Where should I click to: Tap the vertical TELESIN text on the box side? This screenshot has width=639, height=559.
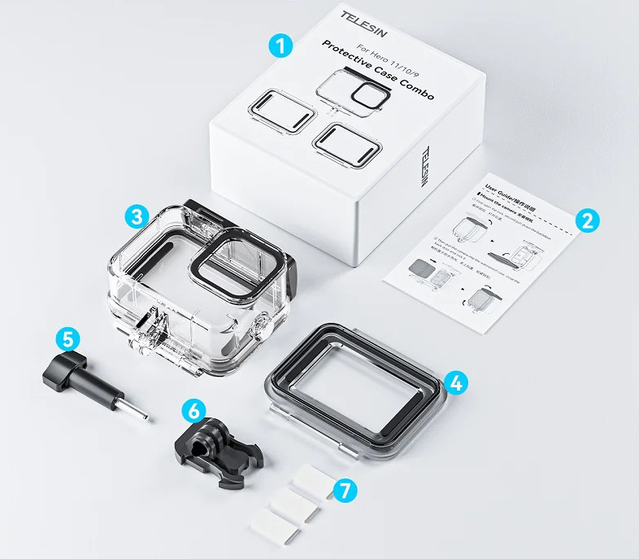[x=428, y=166]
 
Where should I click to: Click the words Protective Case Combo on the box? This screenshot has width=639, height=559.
[x=377, y=70]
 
